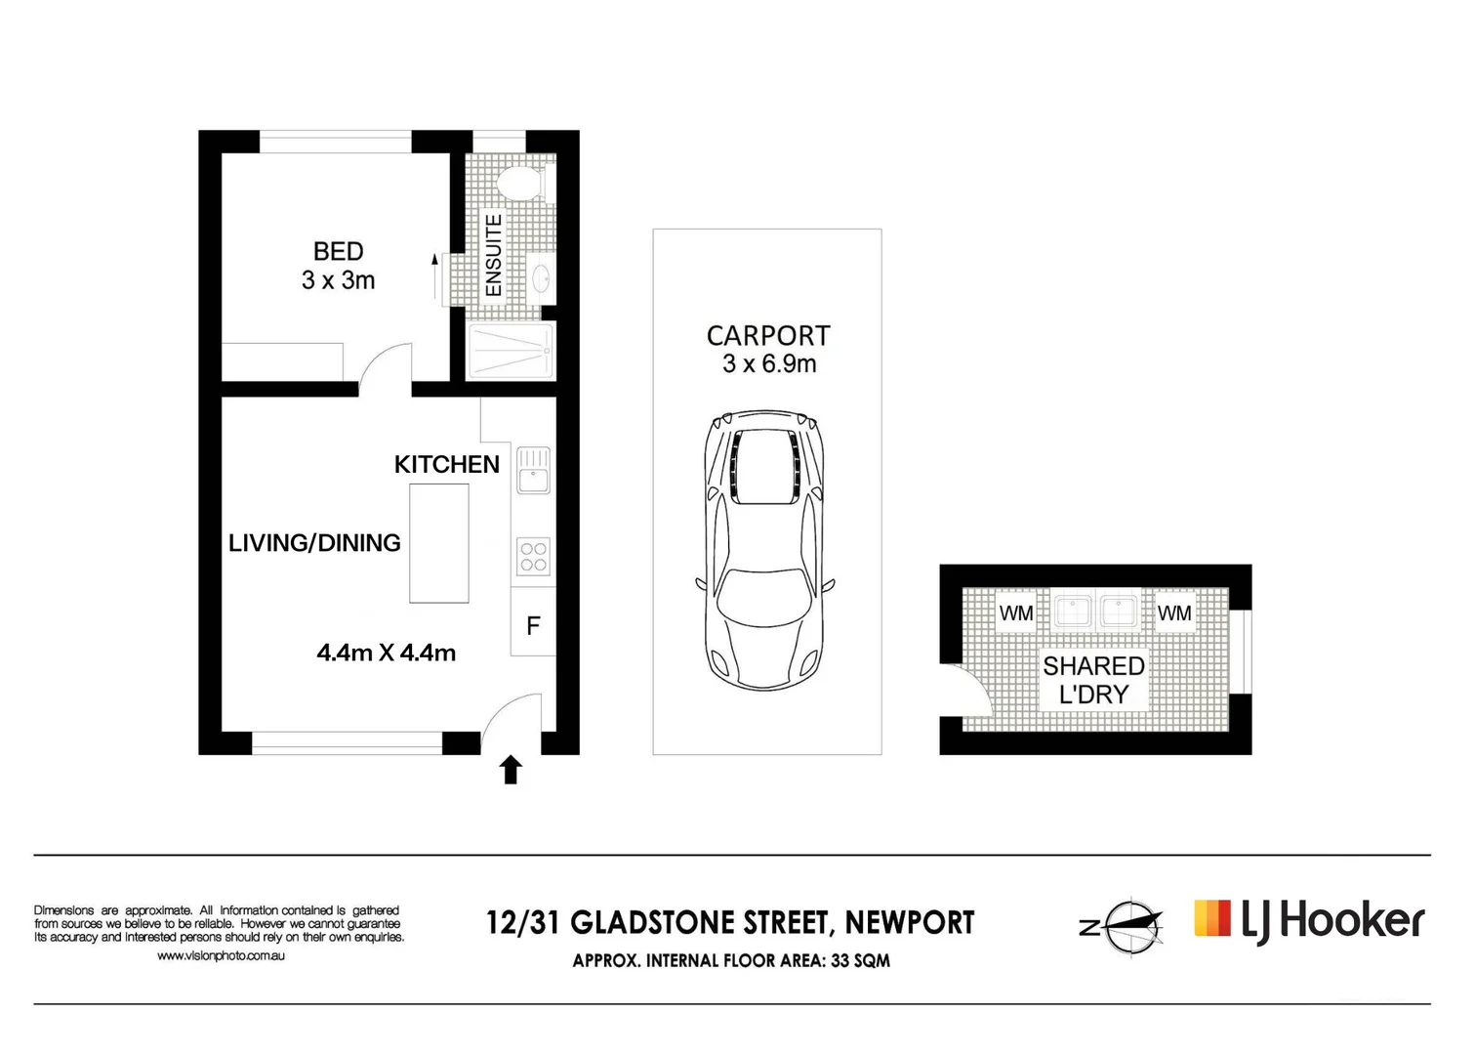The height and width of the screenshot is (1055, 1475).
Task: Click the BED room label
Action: coord(338,252)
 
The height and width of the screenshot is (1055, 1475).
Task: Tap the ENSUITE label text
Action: coord(494,256)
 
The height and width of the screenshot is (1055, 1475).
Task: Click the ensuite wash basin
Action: coord(540,276)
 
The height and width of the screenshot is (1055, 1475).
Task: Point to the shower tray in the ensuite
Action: coord(511,351)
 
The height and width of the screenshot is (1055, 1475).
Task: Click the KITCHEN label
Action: coord(446,464)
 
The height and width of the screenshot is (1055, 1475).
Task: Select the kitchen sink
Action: coord(533,470)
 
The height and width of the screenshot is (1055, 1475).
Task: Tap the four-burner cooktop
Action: coord(533,557)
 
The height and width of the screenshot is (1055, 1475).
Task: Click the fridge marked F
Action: coord(533,626)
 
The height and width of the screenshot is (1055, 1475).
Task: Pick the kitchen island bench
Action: coord(438,543)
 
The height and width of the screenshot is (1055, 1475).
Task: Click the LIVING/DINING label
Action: coord(314,543)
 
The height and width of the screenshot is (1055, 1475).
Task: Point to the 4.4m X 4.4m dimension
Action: coord(387,653)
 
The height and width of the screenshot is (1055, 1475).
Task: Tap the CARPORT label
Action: coord(767,336)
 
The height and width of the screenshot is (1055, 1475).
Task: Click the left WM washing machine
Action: coord(1015,613)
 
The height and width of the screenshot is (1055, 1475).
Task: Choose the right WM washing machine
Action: coord(1173,613)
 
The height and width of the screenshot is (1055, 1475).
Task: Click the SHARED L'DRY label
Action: coord(1093,680)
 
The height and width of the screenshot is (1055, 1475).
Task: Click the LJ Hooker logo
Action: coord(1308,921)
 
